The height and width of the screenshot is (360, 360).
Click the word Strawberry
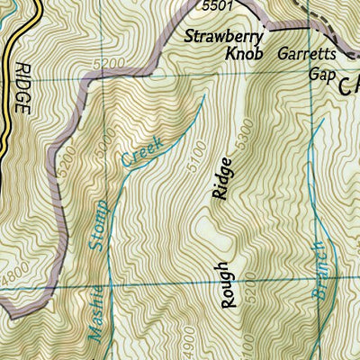(223, 37)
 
